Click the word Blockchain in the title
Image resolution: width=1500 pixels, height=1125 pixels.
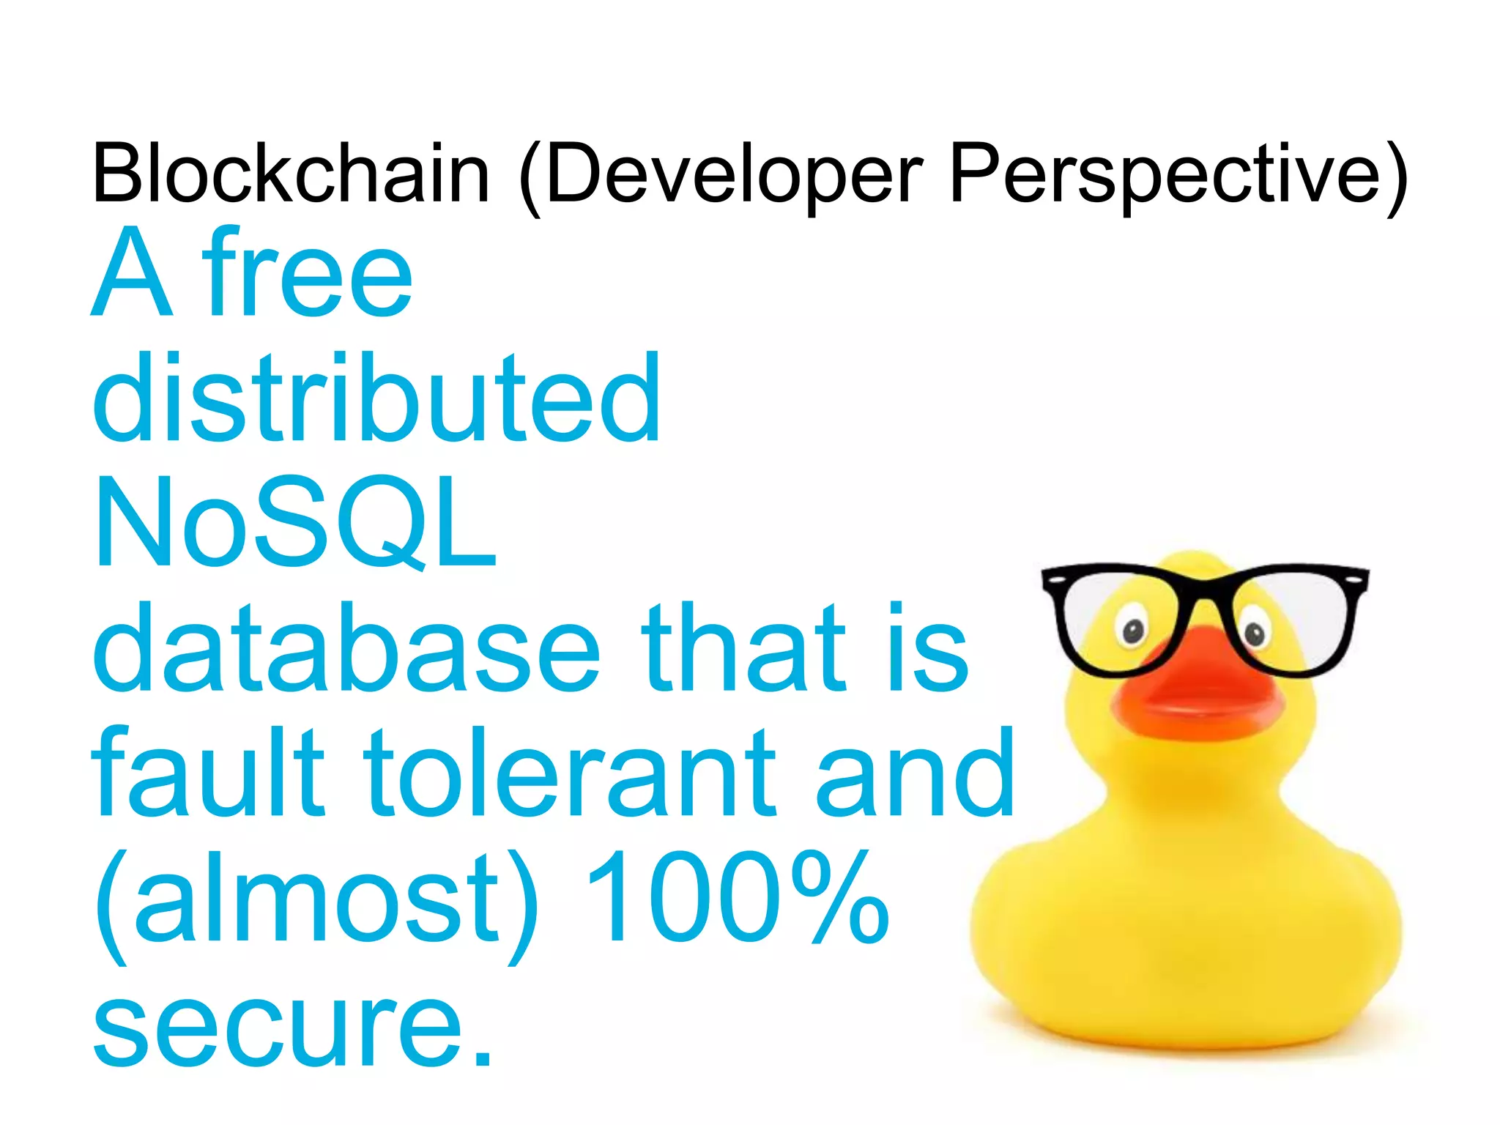click(x=290, y=174)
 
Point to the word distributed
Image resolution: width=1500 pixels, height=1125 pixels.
click(x=376, y=398)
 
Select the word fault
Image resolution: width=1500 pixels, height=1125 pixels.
click(x=208, y=772)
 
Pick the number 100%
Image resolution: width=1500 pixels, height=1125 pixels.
click(x=737, y=897)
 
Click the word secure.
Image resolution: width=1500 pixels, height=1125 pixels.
click(x=293, y=1025)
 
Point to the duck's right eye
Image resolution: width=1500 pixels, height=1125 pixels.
click(x=1254, y=632)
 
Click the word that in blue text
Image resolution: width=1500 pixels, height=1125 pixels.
click(x=743, y=647)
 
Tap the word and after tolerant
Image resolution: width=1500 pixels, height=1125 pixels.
click(x=916, y=772)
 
